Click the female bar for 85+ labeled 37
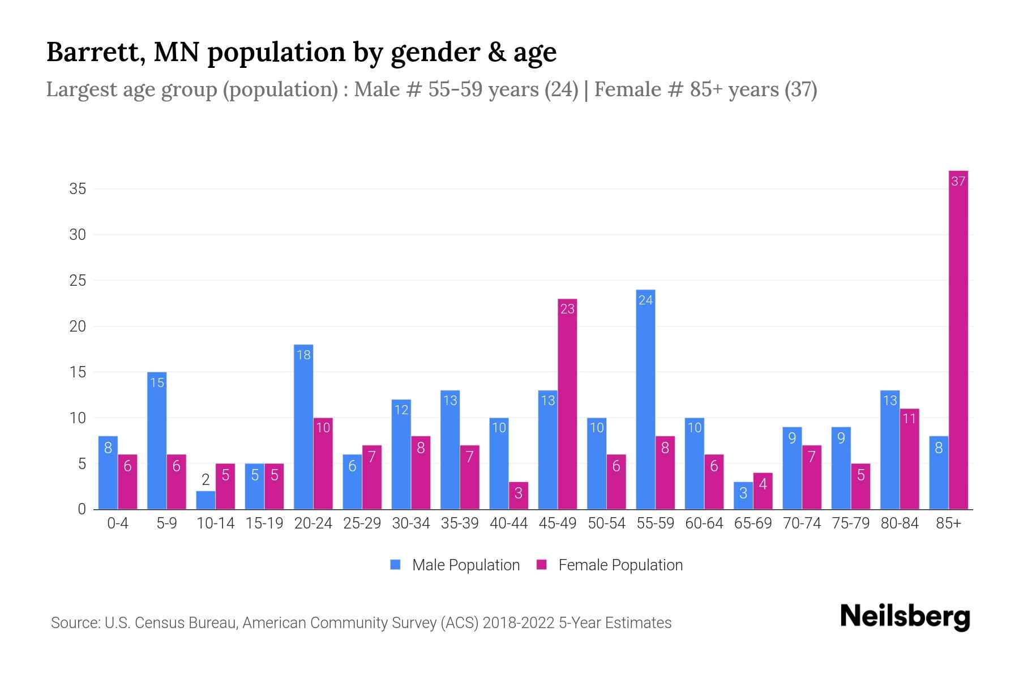tap(958, 339)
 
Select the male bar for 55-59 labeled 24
tap(645, 399)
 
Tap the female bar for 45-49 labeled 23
tap(567, 404)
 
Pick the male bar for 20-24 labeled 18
tap(303, 427)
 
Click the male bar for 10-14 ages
tap(205, 500)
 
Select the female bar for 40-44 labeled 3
tap(518, 496)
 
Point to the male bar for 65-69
tap(743, 496)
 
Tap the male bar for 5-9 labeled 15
tap(157, 441)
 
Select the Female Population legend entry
tap(610, 565)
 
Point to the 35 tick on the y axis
tap(78, 189)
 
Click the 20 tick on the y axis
tap(78, 326)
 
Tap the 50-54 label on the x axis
tap(606, 523)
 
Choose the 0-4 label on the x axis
tap(118, 523)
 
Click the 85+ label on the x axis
tap(948, 523)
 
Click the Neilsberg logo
tap(905, 617)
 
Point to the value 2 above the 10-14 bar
tap(205, 480)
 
